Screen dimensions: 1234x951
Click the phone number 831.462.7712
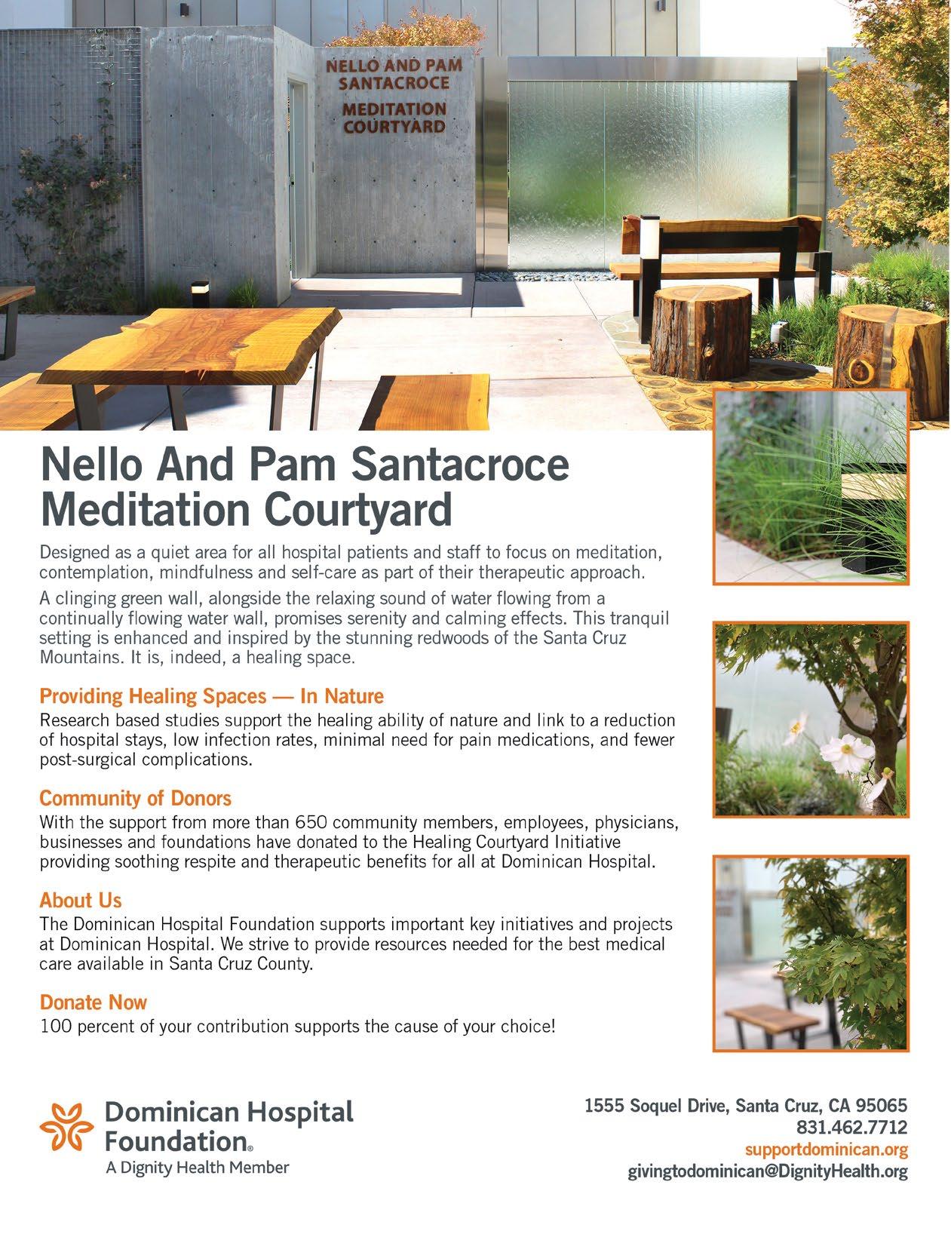click(x=851, y=1127)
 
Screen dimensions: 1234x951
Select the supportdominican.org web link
click(x=826, y=1150)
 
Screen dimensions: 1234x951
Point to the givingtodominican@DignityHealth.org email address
click(x=768, y=1171)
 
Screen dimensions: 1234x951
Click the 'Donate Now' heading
click(x=93, y=1002)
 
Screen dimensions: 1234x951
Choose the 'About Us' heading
click(x=80, y=900)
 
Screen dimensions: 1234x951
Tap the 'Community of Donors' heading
click(x=135, y=797)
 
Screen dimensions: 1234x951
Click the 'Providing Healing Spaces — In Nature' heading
click(x=211, y=695)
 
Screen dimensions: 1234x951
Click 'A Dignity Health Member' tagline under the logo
click(x=196, y=1168)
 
